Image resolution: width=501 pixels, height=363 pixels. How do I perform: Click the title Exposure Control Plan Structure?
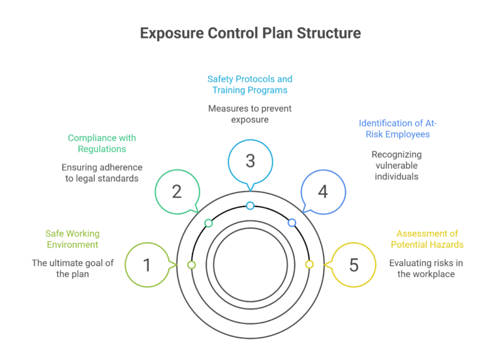250,33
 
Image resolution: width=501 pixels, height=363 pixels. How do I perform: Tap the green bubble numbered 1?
147,265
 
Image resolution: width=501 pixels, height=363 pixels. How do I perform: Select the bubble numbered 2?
177,192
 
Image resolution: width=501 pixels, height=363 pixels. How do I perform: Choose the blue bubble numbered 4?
323,192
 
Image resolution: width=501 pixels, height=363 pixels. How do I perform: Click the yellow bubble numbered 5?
354,265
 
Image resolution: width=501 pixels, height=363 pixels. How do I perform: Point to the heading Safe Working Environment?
72,239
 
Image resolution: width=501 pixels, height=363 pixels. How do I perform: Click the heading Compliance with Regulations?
102,143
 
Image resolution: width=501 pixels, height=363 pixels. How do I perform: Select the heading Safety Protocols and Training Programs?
250,84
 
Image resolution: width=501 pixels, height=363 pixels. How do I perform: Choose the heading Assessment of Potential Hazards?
427,239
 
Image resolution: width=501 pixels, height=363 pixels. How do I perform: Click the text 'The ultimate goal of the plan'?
72,269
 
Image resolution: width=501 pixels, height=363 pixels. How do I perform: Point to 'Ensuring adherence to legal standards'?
102,173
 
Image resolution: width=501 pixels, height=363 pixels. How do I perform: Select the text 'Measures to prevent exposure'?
250,114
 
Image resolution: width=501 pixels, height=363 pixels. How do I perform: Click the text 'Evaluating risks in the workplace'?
427,269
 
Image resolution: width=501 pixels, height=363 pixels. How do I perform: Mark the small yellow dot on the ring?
309,265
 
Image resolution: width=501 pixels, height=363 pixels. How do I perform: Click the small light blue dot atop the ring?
250,206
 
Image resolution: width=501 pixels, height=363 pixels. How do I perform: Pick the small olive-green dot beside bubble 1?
191,265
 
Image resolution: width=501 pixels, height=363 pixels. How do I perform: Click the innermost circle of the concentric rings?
250,265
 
